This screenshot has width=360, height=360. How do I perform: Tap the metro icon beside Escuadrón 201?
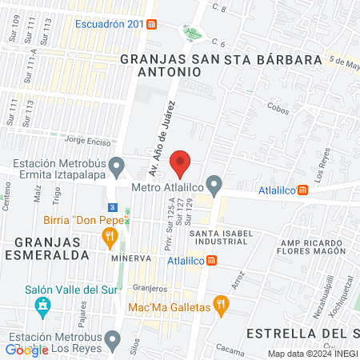coord(152,24)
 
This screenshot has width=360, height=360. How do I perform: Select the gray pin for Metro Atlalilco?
coord(214,184)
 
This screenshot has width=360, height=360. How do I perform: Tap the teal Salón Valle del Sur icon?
coord(41,306)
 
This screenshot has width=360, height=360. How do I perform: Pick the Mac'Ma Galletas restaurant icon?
coord(222,305)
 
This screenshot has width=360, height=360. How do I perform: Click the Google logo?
coord(26,349)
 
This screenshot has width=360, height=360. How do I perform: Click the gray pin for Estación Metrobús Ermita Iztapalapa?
coord(118,167)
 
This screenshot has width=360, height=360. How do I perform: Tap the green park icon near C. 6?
coord(191,34)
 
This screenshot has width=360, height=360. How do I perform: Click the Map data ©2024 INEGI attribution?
coord(312,354)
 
